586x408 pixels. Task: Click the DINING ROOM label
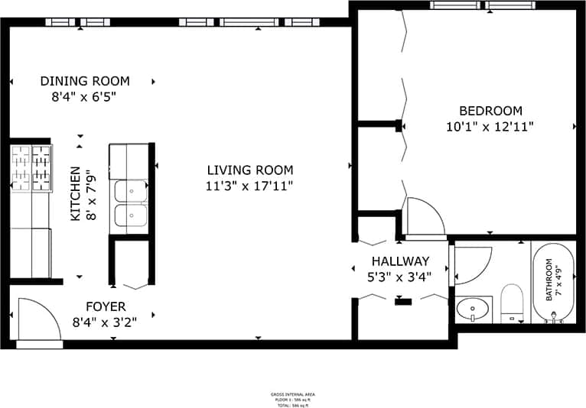tap(85, 81)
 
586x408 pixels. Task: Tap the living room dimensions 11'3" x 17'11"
tap(249, 186)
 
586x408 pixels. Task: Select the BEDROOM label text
tap(490, 110)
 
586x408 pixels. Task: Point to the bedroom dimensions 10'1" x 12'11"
tap(490, 126)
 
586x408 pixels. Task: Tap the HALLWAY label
tap(400, 261)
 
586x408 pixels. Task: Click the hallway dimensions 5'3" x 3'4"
tap(399, 277)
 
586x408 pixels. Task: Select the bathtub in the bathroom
tap(551, 283)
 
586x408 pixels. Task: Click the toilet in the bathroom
tap(511, 303)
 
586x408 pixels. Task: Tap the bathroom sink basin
tap(472, 309)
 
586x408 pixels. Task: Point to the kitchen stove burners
tap(31, 168)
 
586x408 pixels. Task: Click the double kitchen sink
tap(131, 204)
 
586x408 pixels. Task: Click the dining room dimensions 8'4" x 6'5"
tap(84, 97)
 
